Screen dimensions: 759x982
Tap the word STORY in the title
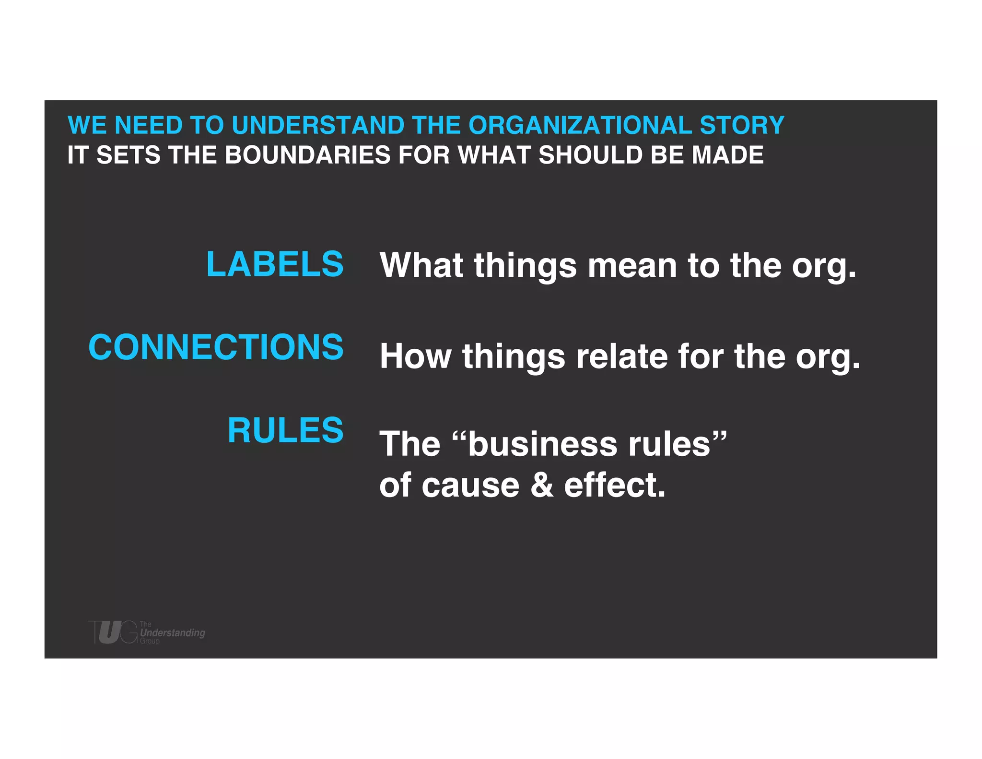(x=742, y=126)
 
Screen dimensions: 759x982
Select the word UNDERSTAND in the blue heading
(x=318, y=126)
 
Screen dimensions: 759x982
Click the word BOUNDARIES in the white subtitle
(x=307, y=155)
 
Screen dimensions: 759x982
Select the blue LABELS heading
(x=275, y=264)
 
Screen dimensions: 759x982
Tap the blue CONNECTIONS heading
(x=216, y=347)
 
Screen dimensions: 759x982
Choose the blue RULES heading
(x=285, y=430)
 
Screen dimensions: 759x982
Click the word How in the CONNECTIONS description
(x=415, y=356)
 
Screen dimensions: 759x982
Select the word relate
(x=621, y=356)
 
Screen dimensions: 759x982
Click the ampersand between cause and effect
(x=542, y=485)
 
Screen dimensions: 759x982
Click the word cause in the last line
(x=470, y=485)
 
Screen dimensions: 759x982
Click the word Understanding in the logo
(x=173, y=633)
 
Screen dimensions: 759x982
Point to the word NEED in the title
(x=148, y=126)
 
